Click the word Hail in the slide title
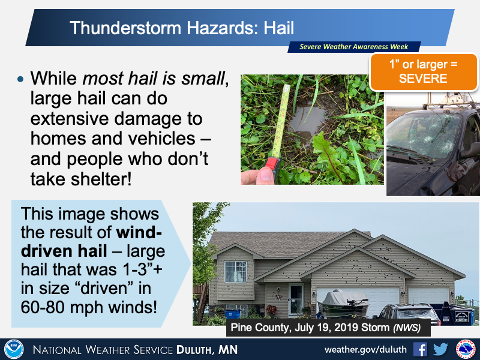[x=278, y=28]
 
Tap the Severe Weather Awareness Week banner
[x=354, y=47]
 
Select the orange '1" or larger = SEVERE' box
[x=424, y=71]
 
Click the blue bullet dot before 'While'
[x=20, y=79]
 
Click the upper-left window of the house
[x=235, y=272]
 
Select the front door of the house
[x=296, y=299]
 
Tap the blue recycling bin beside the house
[x=233, y=314]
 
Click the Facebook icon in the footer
[x=420, y=349]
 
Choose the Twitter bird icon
[x=440, y=349]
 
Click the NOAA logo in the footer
[x=14, y=349]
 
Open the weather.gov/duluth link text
[x=365, y=349]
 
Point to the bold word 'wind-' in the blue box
[x=139, y=233]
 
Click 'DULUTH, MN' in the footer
[x=207, y=350]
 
